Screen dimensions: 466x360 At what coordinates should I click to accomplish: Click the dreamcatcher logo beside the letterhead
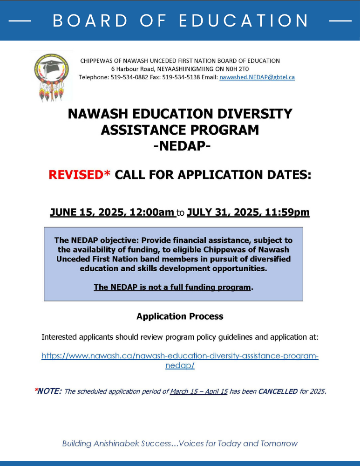click(x=51, y=76)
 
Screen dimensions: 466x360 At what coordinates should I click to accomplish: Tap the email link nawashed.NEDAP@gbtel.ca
click(x=257, y=77)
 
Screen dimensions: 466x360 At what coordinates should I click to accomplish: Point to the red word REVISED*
click(x=80, y=175)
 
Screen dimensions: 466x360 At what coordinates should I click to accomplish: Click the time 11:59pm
click(x=287, y=212)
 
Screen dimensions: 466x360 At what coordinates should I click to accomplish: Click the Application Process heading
click(x=180, y=316)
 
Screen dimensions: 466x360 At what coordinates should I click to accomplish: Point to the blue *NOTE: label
click(x=48, y=391)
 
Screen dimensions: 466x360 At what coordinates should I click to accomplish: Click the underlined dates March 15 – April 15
click(x=198, y=391)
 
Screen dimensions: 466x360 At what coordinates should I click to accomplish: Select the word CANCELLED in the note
click(x=278, y=391)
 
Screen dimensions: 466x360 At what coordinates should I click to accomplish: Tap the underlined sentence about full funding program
click(x=172, y=287)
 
